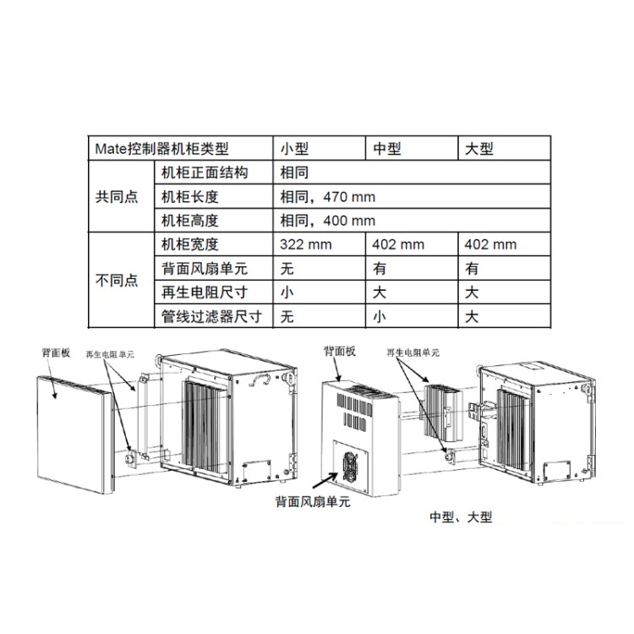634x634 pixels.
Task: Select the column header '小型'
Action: pos(296,149)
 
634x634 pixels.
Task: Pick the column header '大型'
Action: pos(479,149)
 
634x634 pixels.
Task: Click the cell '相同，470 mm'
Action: pos(327,197)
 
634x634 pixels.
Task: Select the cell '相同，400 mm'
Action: pos(327,221)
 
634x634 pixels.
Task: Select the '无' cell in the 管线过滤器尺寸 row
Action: pos(287,318)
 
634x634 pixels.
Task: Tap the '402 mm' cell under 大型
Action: pos(491,245)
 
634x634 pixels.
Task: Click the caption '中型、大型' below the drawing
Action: pos(460,516)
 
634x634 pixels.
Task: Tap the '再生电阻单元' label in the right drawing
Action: pos(413,352)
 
